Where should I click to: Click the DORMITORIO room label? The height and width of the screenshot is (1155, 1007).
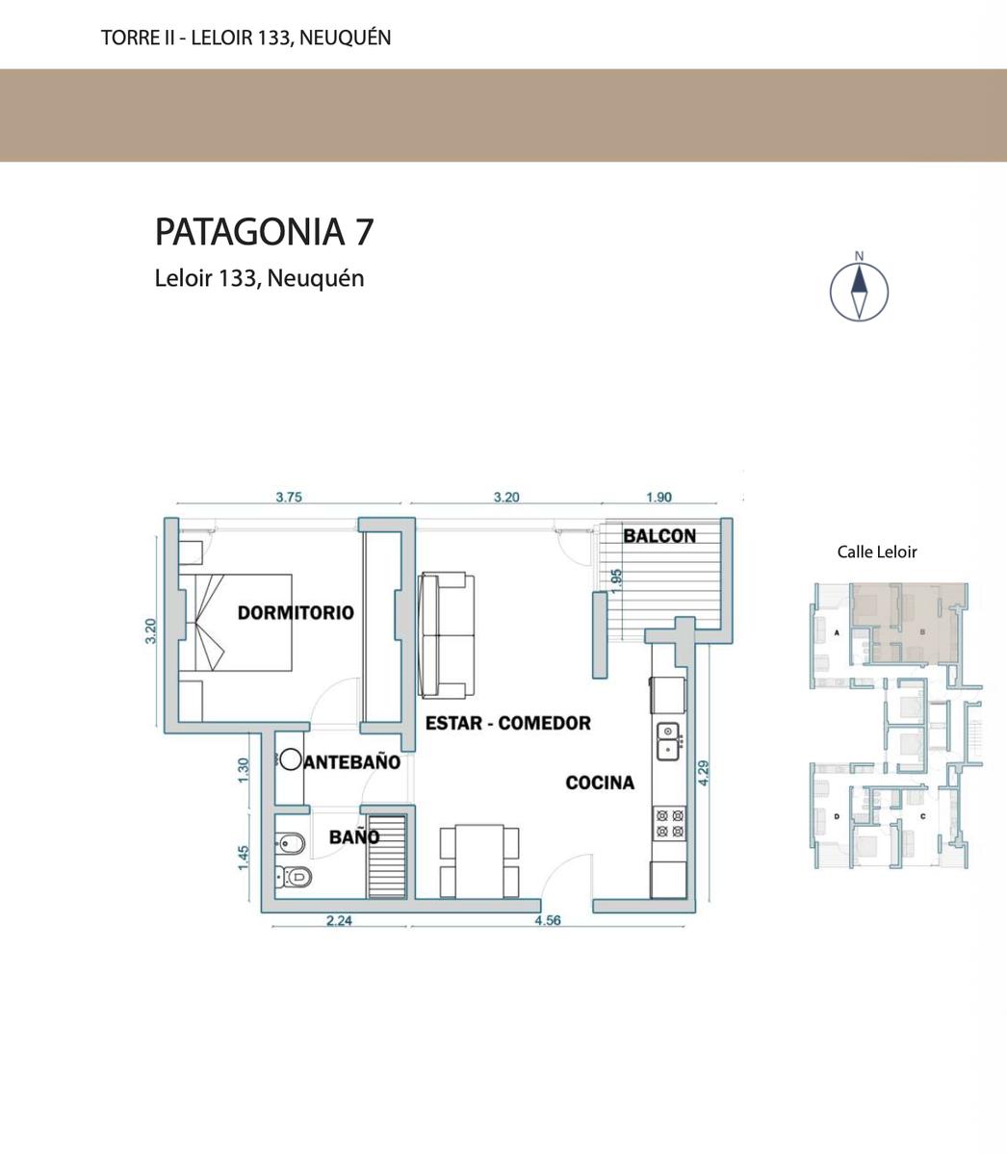point(296,612)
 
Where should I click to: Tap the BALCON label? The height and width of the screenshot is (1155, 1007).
point(659,536)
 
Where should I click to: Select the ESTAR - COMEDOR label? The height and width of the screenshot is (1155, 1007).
point(508,723)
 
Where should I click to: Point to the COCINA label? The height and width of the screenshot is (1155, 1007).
point(600,783)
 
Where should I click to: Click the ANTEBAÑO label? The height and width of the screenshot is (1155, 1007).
point(352,762)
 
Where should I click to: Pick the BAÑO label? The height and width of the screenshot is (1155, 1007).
point(354,836)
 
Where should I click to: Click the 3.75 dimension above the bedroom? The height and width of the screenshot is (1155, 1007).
point(289,498)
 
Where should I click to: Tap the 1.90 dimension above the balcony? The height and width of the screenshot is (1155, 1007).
point(658,498)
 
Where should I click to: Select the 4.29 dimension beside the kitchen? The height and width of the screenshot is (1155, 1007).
point(704,773)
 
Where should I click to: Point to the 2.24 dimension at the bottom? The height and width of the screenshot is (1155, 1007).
point(339,921)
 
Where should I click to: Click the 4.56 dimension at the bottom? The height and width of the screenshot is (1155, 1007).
point(548,920)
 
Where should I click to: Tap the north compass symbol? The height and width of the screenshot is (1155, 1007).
point(859,287)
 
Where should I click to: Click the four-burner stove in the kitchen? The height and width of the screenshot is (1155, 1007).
point(670,824)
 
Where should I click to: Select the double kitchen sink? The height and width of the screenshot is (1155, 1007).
point(670,741)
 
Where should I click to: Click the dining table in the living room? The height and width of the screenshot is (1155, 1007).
point(479,861)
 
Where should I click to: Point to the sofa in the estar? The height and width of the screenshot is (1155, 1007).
point(446,635)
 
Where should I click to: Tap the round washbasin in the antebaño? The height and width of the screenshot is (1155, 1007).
point(291,759)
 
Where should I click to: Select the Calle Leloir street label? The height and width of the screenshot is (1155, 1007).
point(877,552)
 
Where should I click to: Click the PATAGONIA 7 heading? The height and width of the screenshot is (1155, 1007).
point(264,232)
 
